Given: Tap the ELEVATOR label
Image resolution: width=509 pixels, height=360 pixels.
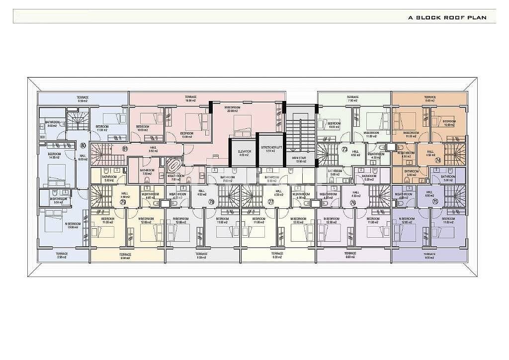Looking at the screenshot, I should pyautogui.click(x=244, y=153).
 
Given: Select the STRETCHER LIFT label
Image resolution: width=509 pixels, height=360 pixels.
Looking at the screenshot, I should pyautogui.click(x=270, y=149).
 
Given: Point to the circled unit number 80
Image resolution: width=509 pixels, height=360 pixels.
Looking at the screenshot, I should pyautogui.click(x=83, y=146).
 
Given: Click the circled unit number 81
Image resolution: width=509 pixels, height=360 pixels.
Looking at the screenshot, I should pyautogui.click(x=125, y=149).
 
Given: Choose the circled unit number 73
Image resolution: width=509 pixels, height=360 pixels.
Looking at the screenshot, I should pyautogui.click(x=344, y=149).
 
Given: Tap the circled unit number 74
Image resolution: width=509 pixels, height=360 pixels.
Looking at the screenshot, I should pyautogui.click(x=437, y=160).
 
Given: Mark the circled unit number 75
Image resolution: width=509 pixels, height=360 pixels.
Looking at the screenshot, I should pyautogui.click(x=435, y=201).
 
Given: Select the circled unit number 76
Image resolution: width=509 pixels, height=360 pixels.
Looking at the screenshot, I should pyautogui.click(x=353, y=202).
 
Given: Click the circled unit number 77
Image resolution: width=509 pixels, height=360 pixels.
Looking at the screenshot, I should pyautogui.click(x=271, y=202).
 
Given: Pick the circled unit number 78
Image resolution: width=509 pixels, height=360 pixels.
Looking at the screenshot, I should pyautogui.click(x=211, y=202).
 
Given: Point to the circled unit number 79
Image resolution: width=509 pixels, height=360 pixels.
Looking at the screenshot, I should pyautogui.click(x=122, y=202).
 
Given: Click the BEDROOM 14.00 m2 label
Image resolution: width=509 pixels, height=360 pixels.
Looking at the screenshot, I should pyautogui.click(x=54, y=156).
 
